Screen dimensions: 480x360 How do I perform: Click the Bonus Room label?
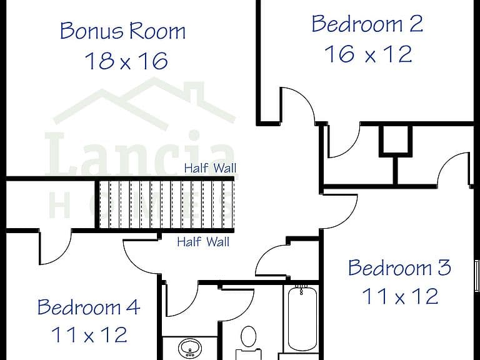pyautogui.click(x=122, y=31)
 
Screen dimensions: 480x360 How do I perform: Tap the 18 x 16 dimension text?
pyautogui.click(x=126, y=61)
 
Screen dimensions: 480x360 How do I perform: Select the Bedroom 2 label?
pyautogui.click(x=367, y=24)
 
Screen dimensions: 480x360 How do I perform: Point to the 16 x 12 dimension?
pyautogui.click(x=368, y=54)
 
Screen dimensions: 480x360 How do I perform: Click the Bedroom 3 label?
pyautogui.click(x=399, y=267)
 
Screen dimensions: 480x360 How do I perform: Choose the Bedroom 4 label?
pyautogui.click(x=89, y=307)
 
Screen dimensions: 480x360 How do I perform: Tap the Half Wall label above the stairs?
pyautogui.click(x=210, y=168)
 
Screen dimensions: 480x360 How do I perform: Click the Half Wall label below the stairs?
pyautogui.click(x=203, y=242)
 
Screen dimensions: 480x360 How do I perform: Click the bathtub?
pyautogui.click(x=302, y=318)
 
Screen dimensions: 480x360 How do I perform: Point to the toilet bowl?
pyautogui.click(x=249, y=336)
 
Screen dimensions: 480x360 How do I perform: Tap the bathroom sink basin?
pyautogui.click(x=190, y=348)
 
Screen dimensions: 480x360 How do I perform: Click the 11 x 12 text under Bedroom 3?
pyautogui.click(x=400, y=296)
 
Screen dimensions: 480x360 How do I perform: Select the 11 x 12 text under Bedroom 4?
pyautogui.click(x=89, y=335)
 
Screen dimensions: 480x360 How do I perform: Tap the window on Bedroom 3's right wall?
pyautogui.click(x=477, y=276)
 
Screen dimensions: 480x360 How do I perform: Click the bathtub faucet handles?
pyautogui.click(x=301, y=289)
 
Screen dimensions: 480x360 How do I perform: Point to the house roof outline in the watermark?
pyautogui.click(x=144, y=101)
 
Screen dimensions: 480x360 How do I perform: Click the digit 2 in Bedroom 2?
pyautogui.click(x=416, y=24)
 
